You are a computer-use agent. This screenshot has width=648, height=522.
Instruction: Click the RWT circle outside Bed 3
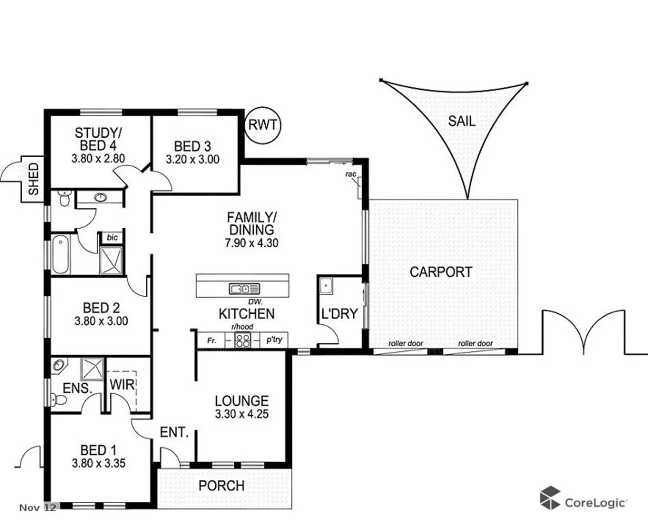click(263, 125)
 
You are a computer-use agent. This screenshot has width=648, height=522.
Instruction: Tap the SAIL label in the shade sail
click(461, 121)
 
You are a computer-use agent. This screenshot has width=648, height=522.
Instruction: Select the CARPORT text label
click(440, 272)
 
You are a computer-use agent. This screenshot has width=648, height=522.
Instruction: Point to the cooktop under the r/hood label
click(242, 341)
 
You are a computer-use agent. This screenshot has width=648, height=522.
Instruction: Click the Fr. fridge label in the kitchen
click(211, 341)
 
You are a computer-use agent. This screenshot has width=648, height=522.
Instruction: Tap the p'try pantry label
click(274, 340)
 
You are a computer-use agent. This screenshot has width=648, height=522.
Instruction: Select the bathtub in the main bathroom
click(61, 254)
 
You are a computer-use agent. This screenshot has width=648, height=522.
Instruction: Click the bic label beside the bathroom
click(112, 237)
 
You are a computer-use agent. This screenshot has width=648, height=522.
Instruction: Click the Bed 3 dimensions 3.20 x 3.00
click(193, 159)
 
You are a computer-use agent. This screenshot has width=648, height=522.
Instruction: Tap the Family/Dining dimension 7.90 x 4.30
click(251, 243)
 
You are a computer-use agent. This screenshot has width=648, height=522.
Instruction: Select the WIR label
click(122, 385)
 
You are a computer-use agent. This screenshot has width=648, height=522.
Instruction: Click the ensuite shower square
click(92, 369)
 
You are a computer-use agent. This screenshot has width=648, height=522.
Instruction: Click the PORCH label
click(222, 486)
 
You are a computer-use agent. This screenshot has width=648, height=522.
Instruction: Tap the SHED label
click(33, 179)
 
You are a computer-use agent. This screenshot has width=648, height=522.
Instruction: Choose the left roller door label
click(406, 344)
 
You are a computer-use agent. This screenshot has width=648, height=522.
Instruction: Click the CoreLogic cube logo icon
click(550, 498)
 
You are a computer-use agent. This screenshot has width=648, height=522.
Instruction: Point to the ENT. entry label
click(174, 433)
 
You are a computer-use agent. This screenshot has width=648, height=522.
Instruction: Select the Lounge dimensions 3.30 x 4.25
click(241, 414)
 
